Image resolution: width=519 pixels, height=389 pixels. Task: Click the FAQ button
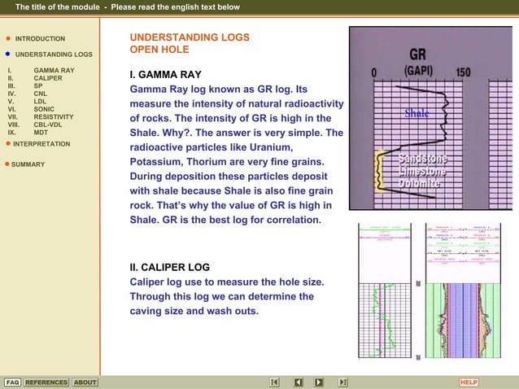click(12, 382)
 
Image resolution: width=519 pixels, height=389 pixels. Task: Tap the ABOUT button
click(85, 382)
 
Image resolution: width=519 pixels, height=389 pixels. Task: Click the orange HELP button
click(469, 382)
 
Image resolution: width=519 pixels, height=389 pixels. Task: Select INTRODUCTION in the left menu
click(40, 39)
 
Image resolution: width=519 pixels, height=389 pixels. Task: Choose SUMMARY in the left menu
click(28, 164)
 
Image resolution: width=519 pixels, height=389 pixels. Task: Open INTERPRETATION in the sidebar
click(42, 144)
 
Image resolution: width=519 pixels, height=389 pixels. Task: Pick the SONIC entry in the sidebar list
click(44, 109)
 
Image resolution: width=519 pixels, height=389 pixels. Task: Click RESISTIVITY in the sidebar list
click(54, 117)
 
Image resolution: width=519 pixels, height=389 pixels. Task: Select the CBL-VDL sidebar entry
click(49, 125)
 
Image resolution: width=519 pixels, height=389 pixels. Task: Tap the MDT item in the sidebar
click(41, 132)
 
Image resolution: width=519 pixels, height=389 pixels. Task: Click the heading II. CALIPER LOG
click(170, 267)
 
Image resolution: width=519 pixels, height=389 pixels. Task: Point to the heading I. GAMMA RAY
click(165, 74)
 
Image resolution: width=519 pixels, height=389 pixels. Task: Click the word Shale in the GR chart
click(417, 114)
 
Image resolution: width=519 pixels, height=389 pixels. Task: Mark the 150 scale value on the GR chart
click(463, 72)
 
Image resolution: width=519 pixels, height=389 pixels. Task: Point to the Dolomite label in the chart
click(420, 184)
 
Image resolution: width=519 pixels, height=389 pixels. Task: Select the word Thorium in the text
click(216, 162)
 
